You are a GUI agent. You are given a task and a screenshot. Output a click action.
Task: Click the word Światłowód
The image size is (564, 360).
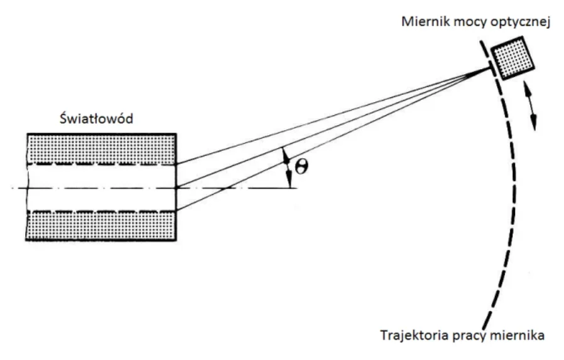tap(96, 118)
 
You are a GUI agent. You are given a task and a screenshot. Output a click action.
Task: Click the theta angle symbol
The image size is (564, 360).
tap(301, 167)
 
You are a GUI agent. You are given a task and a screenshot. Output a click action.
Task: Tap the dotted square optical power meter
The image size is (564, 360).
tap(512, 58)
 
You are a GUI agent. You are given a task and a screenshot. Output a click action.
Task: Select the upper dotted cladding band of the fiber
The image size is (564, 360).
tap(102, 149)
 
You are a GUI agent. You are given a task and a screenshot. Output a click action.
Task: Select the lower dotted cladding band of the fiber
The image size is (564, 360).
tap(102, 226)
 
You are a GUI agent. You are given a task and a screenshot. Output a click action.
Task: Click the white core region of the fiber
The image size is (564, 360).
tap(102, 188)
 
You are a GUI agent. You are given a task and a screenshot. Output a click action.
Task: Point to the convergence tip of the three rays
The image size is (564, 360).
tap(489, 68)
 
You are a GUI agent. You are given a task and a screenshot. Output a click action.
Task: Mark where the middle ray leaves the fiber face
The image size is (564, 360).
tap(176, 187)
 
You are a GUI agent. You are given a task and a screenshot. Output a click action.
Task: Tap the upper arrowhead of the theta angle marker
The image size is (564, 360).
tap(286, 153)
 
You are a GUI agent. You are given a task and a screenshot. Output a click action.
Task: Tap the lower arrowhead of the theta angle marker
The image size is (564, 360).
tap(289, 178)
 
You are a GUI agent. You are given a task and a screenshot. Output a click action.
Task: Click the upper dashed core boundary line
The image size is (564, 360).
tap(102, 165)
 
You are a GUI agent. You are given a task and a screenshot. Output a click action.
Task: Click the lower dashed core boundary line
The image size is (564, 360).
tap(102, 211)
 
